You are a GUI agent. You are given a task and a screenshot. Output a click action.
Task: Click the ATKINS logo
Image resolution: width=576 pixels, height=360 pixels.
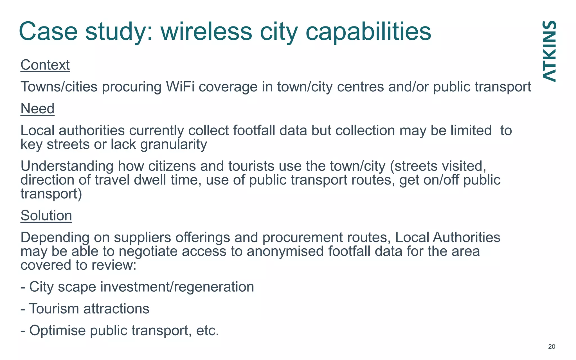click(549, 51)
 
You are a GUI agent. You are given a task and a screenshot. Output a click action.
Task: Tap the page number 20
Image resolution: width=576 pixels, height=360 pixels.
click(552, 346)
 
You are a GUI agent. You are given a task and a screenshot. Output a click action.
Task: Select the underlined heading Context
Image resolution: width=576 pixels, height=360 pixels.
click(45, 65)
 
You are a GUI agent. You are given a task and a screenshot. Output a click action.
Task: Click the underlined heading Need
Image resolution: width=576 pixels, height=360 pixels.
click(37, 109)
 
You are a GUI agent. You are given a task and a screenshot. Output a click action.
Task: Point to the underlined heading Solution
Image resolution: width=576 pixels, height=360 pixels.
click(46, 216)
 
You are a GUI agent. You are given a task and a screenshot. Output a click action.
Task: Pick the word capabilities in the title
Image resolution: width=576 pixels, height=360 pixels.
click(368, 31)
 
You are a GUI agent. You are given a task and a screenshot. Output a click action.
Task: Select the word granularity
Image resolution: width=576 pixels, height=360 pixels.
click(174, 145)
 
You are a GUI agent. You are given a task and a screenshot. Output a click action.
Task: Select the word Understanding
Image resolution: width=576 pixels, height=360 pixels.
click(67, 166)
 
